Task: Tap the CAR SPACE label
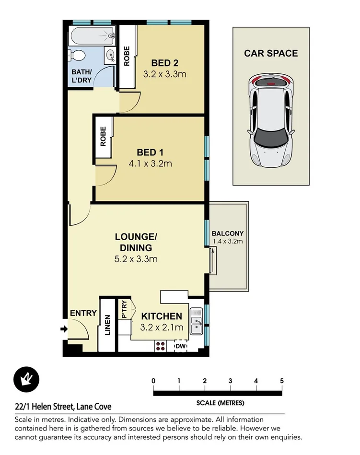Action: (271, 53)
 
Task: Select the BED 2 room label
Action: (164, 63)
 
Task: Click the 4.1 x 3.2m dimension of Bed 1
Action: (151, 163)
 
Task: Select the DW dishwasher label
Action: (181, 346)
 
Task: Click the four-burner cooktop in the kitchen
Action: (160, 346)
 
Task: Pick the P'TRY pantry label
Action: (124, 309)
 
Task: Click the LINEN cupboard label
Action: (107, 325)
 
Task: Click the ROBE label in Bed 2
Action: (127, 56)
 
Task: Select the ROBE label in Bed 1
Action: (103, 137)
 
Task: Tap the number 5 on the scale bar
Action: (282, 381)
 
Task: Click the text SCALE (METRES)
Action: (220, 403)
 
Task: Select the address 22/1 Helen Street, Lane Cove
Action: (63, 407)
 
